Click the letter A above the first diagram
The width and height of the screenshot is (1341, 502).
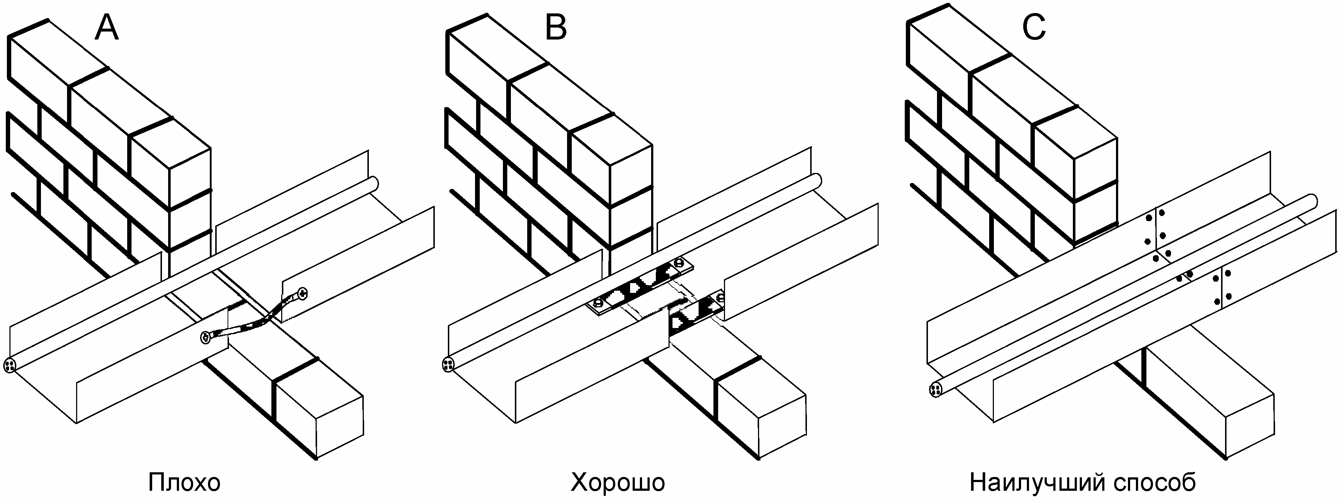pos(107,28)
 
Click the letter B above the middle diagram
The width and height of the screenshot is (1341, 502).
pos(556,28)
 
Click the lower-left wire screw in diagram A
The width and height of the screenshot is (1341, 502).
pos(207,338)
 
